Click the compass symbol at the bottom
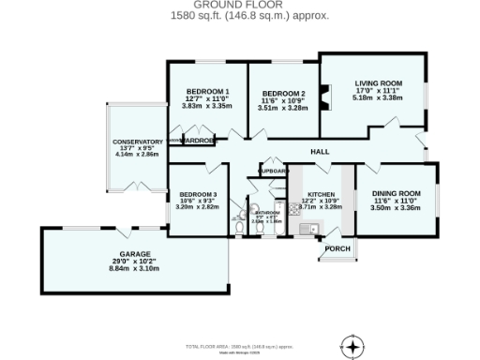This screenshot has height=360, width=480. pos(352,345)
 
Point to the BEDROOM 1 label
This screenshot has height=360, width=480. pos(207,91)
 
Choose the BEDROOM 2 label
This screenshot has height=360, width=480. pos(283,94)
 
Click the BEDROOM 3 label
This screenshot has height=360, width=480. pos(197,194)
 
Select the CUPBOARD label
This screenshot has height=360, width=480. pos(273,172)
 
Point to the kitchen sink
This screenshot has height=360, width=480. pos(307,229)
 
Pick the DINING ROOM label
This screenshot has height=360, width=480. pos(396,193)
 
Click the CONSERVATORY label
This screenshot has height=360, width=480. pos(138,142)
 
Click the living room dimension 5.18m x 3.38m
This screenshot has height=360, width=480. pos(377,97)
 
